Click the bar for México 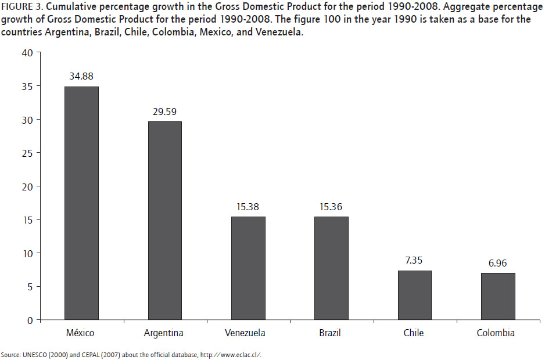(x=81, y=203)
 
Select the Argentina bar (x=164, y=221)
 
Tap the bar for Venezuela (x=248, y=268)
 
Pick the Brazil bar (x=331, y=268)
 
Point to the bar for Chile (x=414, y=295)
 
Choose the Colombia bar (x=498, y=296)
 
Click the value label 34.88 (x=81, y=76)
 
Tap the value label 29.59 (x=164, y=111)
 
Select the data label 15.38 (x=248, y=206)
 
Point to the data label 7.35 (x=414, y=260)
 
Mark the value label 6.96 (x=498, y=263)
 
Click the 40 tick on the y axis (x=28, y=53)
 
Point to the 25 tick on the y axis (x=28, y=153)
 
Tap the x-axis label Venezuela (x=245, y=333)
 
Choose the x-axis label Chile (x=414, y=333)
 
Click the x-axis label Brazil (x=329, y=333)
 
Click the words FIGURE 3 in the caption (x=20, y=8)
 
